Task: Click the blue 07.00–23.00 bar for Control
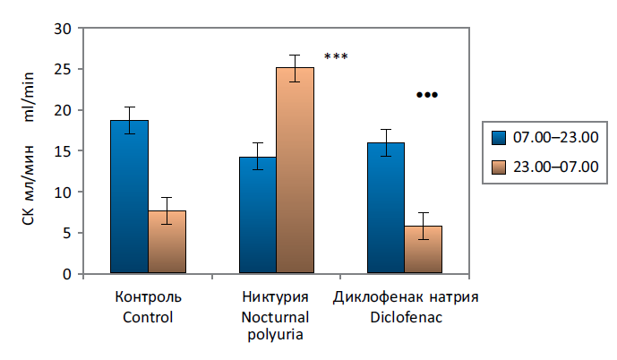tap(129, 197)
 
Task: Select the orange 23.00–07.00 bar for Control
tap(167, 242)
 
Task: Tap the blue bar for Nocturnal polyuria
tap(257, 215)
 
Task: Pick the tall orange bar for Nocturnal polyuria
tap(295, 170)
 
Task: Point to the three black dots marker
tap(427, 95)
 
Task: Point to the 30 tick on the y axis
tap(62, 28)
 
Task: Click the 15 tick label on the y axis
tap(62, 151)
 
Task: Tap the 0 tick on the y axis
tap(66, 274)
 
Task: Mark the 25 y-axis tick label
tap(62, 69)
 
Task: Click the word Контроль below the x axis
tap(149, 297)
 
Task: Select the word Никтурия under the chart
tap(275, 297)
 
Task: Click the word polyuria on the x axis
tap(275, 336)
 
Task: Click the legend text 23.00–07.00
tap(555, 166)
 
